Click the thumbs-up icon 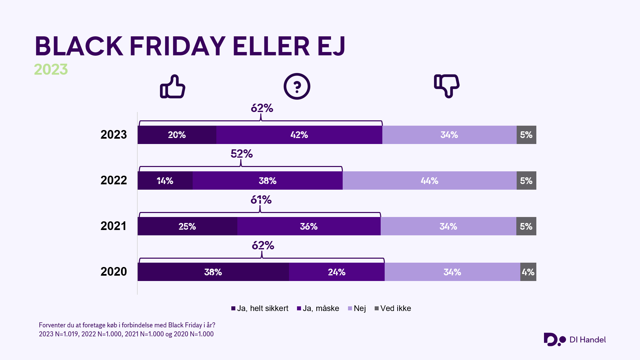pos(173,87)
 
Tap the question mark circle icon pos(297,86)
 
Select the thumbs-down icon pos(447,86)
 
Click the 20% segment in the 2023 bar pos(177,135)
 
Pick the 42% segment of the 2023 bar pos(299,135)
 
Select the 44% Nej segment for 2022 pos(429,181)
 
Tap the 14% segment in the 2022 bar pos(165,181)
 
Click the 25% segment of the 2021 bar pos(187,226)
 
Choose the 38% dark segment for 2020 pos(213,272)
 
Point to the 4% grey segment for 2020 pos(528,272)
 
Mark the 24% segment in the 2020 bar pos(337,272)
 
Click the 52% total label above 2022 pos(242,154)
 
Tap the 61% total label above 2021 pos(261,200)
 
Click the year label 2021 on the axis pos(114,226)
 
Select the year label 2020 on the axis pos(114,272)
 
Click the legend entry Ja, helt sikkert pos(260,308)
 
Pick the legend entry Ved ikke pos(393,308)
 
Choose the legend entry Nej pos(357,308)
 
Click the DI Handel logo pos(575,340)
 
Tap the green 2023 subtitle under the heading pos(51,69)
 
